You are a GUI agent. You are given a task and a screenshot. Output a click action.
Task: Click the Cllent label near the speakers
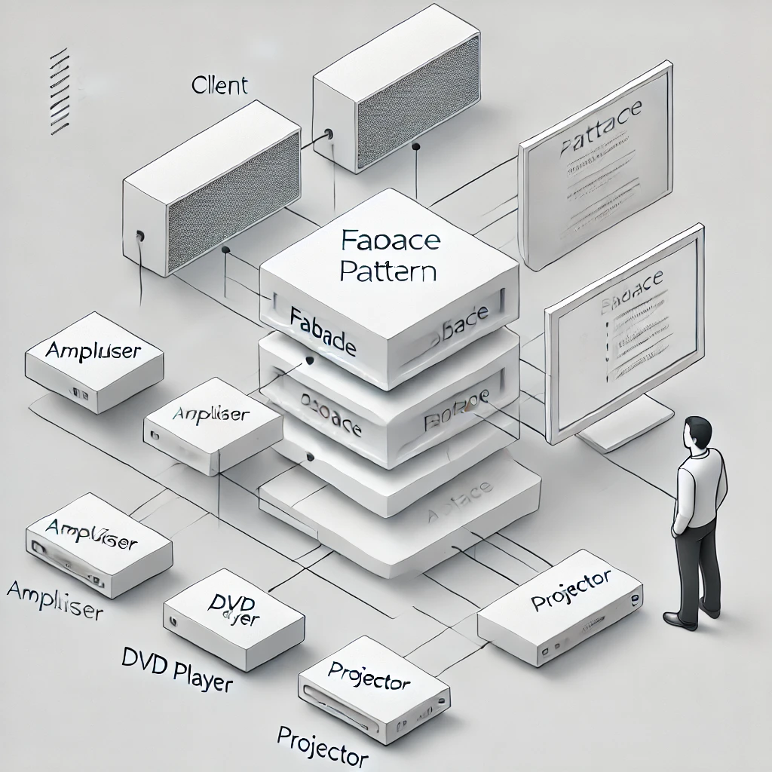tap(219, 85)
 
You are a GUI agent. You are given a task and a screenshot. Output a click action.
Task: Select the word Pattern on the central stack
tap(388, 269)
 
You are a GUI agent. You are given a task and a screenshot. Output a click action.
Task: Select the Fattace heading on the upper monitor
tap(599, 133)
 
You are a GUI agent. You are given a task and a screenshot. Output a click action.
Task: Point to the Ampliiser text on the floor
tap(55, 599)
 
